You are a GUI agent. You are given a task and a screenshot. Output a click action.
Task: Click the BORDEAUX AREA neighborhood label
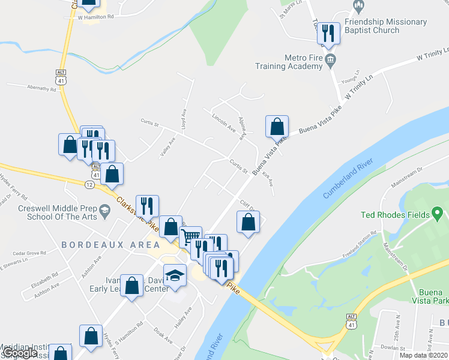coord(110,245)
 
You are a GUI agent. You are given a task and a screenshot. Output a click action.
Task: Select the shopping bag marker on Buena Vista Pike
coord(277,126)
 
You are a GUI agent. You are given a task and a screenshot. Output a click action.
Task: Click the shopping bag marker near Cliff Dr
coord(249,222)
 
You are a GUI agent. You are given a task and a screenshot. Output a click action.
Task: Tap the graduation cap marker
coord(175,275)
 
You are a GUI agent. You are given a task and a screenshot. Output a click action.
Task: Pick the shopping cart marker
coord(190,236)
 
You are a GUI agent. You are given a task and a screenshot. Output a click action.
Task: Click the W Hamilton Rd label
coord(95,17)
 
